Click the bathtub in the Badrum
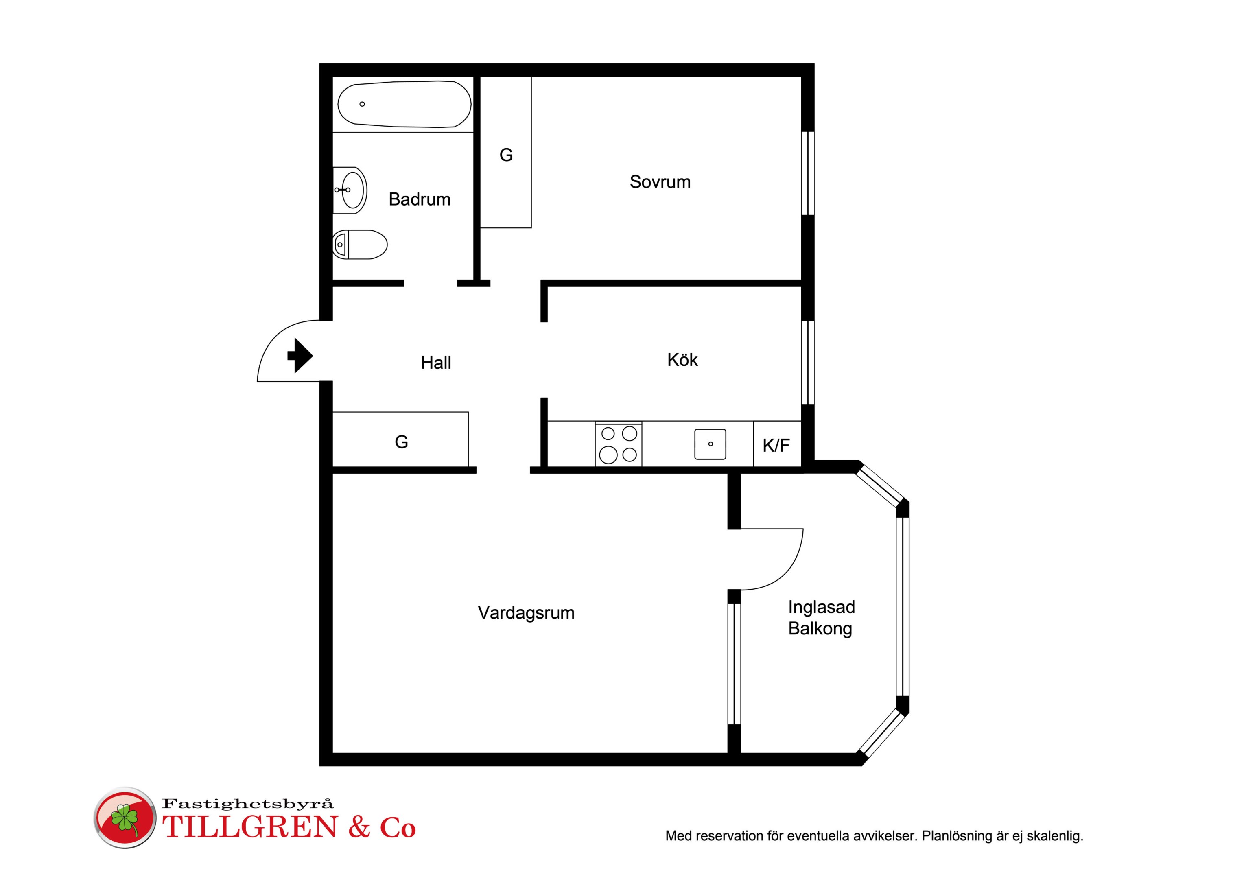tap(404, 104)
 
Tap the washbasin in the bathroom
tap(350, 190)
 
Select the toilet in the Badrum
tap(360, 245)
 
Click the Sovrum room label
tap(660, 181)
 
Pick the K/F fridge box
tap(777, 444)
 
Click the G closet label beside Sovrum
tap(506, 155)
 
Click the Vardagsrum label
tap(526, 613)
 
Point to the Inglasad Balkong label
tap(821, 618)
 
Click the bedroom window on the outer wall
tap(808, 173)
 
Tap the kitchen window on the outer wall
tap(808, 363)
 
